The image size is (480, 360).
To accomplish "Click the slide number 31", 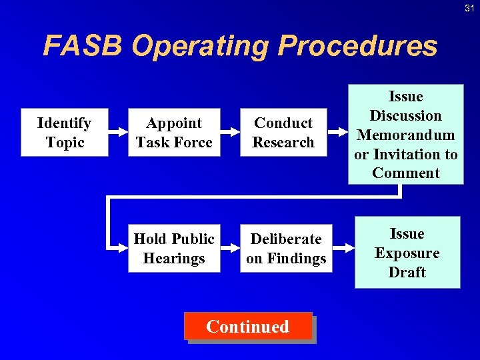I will pos(469,7).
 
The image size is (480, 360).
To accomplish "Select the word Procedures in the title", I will pos(357,47).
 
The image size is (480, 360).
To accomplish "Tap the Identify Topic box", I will pos(65,133).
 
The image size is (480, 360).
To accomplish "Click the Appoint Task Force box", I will pos(174,133).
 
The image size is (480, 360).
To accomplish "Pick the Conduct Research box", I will pos(283,133).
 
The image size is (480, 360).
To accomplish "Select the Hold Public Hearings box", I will pos(174,249).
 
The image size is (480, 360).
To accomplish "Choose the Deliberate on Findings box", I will pos(286,249).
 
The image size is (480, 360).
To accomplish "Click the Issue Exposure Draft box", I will pos(407,253).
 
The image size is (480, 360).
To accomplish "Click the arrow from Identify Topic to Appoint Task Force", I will pos(118,133).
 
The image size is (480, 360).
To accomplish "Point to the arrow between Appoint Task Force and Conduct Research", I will pos(230,133).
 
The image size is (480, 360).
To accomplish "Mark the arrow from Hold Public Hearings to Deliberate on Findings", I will pos(230,249).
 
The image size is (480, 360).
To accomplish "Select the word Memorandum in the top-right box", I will pos(406,135).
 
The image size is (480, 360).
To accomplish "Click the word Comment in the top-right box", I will pos(406,173).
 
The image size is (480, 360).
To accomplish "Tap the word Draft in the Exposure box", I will pos(407,272).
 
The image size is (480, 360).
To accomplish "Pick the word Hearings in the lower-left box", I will pos(174,259).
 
